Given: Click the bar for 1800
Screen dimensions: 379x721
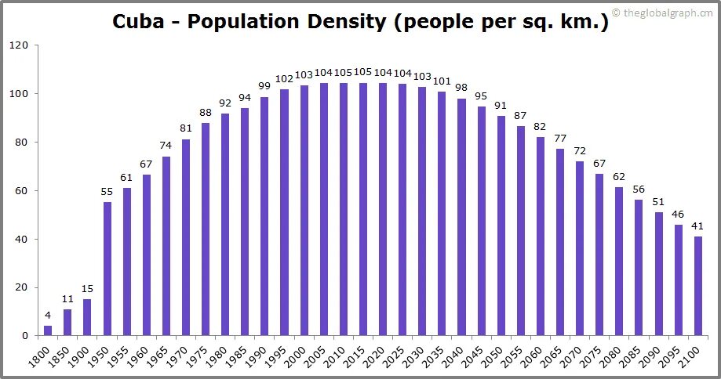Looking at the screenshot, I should pyautogui.click(x=48, y=330).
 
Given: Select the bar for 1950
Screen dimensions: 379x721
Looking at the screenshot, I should pyautogui.click(x=107, y=269).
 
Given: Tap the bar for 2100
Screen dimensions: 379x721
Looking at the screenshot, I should pyautogui.click(x=697, y=286).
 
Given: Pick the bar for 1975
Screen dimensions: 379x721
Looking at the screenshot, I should pyautogui.click(x=206, y=229).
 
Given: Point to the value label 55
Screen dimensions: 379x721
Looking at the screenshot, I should pyautogui.click(x=107, y=192).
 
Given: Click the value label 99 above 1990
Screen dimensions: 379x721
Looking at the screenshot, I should pyautogui.click(x=264, y=86).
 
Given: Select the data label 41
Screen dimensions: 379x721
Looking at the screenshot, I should pyautogui.click(x=697, y=226).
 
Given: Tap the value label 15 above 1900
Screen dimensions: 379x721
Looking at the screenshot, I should pyautogui.click(x=87, y=289).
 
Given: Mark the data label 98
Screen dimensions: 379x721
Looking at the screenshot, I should pyautogui.click(x=461, y=88).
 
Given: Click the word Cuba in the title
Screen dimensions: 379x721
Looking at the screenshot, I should pyautogui.click(x=138, y=21).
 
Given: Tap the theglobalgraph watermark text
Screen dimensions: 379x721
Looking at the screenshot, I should pyautogui.click(x=668, y=12).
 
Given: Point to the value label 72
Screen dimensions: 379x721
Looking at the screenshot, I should pyautogui.click(x=580, y=150).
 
